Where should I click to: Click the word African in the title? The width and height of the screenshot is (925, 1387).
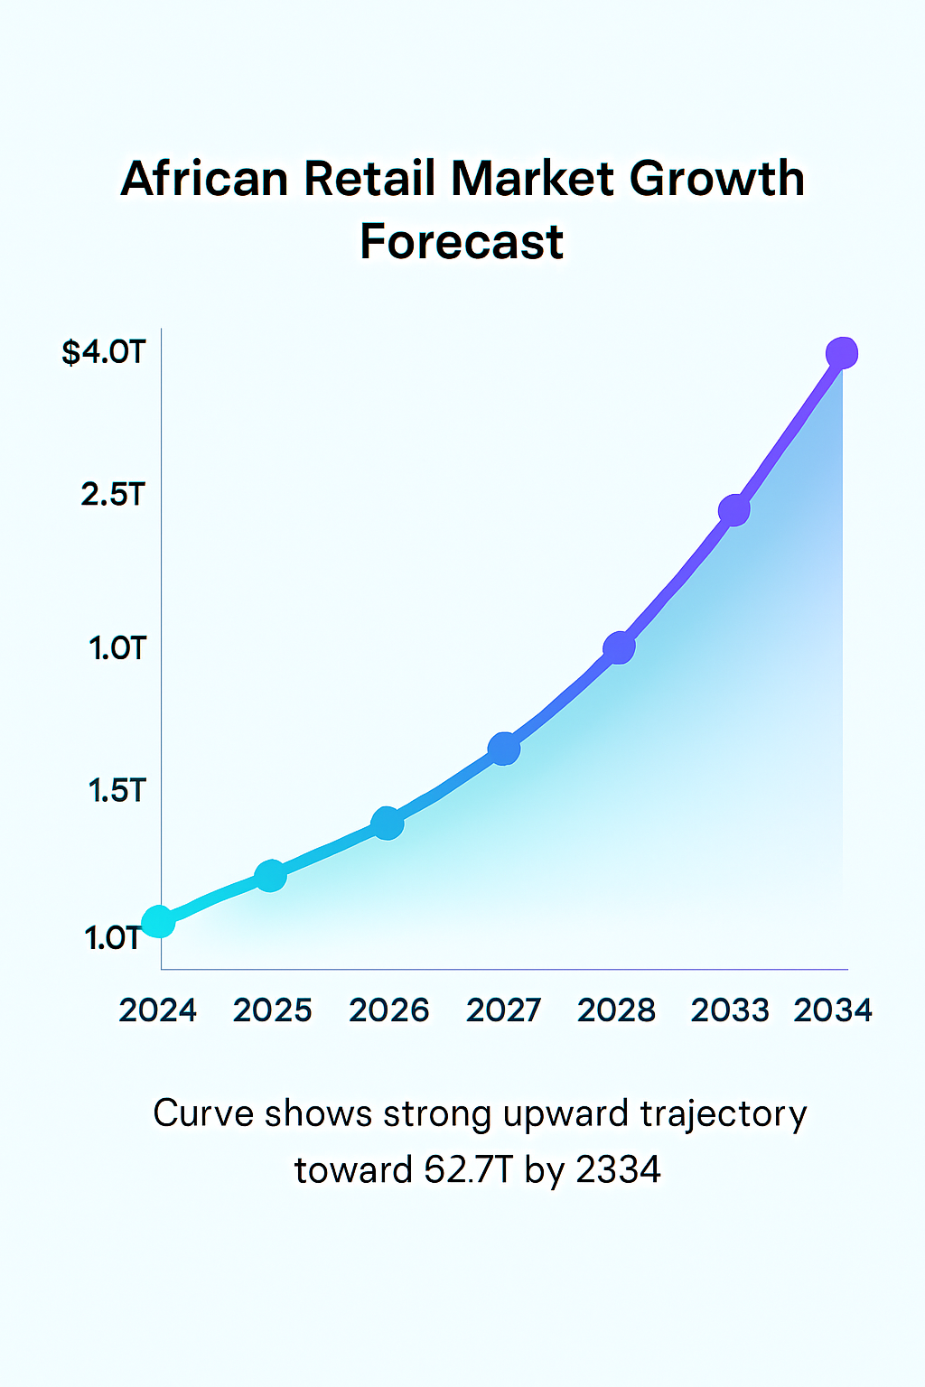[207, 178]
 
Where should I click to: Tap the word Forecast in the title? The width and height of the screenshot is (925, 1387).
[462, 242]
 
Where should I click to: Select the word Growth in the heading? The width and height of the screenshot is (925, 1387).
[716, 178]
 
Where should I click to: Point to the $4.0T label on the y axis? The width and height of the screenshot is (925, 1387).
[103, 351]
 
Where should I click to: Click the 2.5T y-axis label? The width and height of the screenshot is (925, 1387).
[113, 494]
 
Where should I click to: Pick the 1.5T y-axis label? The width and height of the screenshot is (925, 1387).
[117, 790]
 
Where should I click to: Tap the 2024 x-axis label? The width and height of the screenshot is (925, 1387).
[158, 1010]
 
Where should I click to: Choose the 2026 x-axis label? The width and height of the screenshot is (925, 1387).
[388, 1010]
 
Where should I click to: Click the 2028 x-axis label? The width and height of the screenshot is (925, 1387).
[616, 1010]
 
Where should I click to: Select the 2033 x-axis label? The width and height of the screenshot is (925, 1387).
[730, 1010]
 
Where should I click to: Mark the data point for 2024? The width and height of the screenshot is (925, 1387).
[159, 922]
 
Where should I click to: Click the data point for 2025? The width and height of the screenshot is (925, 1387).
[270, 875]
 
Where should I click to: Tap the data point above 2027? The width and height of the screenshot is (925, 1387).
[504, 748]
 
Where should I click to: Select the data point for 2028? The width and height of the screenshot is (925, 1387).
[619, 647]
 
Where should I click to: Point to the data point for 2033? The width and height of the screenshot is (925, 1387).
[734, 510]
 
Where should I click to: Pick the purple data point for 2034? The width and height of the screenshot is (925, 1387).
[842, 353]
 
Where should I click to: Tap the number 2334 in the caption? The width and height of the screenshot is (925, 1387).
[618, 1170]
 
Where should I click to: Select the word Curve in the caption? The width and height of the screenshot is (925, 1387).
[203, 1113]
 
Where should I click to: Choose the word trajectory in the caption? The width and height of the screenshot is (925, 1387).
[723, 1115]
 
